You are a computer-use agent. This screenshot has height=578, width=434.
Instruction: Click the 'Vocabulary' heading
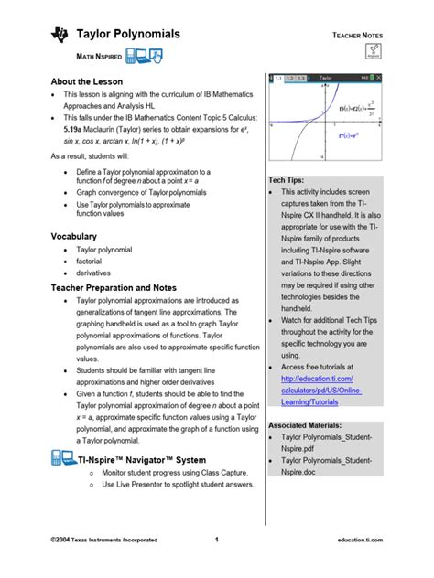(x=73, y=236)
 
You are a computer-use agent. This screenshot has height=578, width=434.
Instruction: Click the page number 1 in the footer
(x=217, y=541)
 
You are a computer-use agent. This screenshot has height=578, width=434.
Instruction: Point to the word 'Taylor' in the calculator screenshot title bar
(x=326, y=80)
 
